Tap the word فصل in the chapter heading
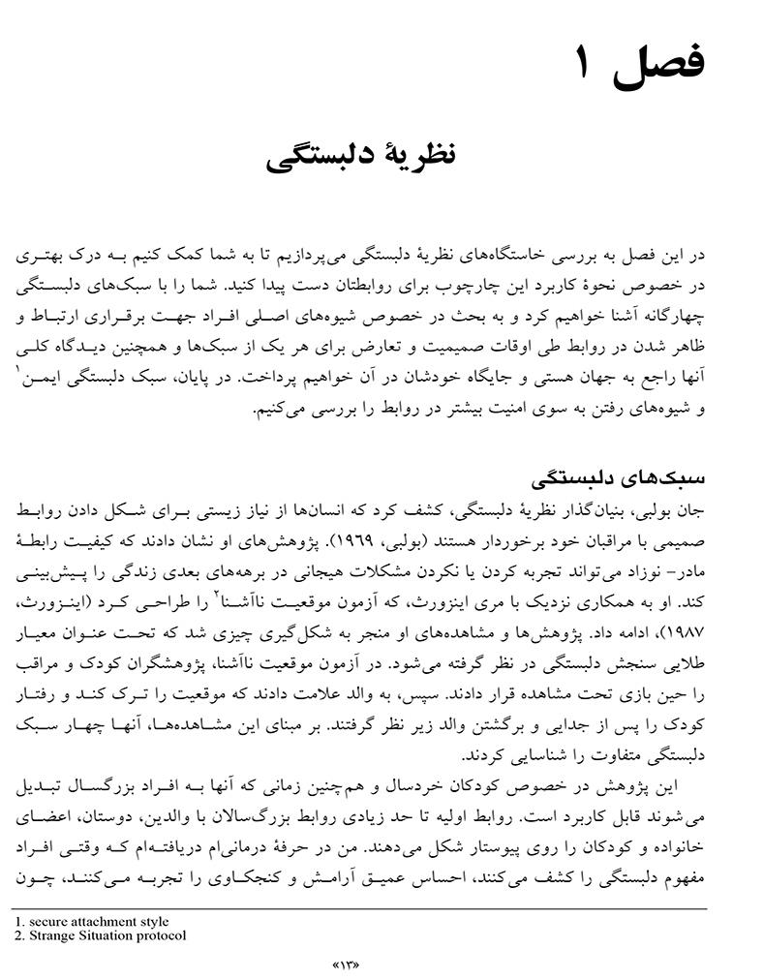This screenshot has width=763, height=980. pos(657,65)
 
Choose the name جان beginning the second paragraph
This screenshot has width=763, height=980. pos(724,507)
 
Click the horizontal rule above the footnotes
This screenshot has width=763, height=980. pos(358,909)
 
